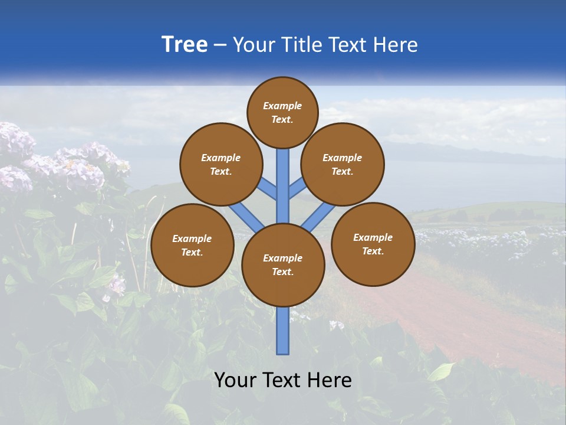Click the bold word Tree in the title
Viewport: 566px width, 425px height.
coord(185,44)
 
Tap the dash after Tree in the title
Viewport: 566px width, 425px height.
coord(221,45)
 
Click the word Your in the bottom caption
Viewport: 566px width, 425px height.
coord(235,380)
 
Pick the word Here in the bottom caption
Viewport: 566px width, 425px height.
coord(330,380)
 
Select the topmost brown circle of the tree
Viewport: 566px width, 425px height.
coord(282,112)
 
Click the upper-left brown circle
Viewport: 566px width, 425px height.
coord(221,164)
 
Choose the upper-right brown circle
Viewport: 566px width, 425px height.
coord(343,164)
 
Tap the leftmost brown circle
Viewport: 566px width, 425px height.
coord(192,245)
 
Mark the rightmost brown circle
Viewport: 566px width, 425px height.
coord(373,244)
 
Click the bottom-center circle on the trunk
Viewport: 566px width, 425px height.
coord(283,264)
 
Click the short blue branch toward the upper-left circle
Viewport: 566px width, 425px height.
coord(268,191)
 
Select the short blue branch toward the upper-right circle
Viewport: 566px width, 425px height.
coord(297,189)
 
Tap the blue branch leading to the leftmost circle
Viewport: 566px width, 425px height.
coord(246,216)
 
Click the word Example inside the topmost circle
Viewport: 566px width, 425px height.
coord(282,106)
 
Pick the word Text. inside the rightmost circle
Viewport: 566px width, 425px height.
coord(373,251)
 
